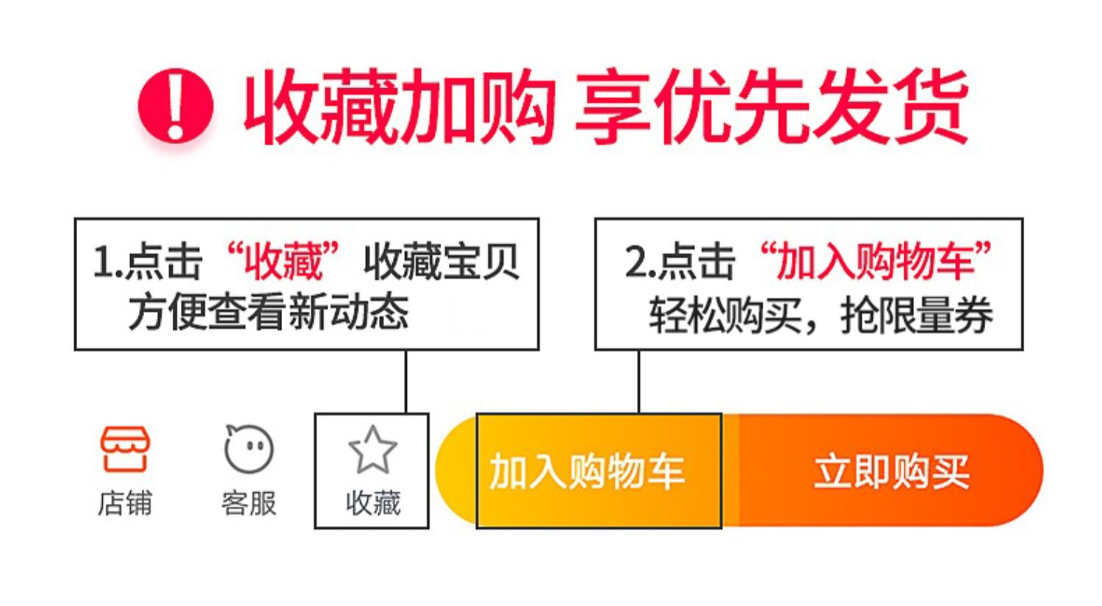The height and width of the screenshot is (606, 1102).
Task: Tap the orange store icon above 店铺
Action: pyautogui.click(x=125, y=449)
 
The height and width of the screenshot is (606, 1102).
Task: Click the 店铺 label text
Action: pyautogui.click(x=125, y=504)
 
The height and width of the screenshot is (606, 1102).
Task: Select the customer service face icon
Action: pyautogui.click(x=248, y=448)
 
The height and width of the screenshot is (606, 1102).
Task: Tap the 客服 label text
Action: pyautogui.click(x=248, y=504)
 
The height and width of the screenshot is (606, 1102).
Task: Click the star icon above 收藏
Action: pyautogui.click(x=372, y=450)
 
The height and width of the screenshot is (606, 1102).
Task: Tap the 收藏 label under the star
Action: pyautogui.click(x=372, y=504)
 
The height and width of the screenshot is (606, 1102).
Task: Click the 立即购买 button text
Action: pyautogui.click(x=891, y=472)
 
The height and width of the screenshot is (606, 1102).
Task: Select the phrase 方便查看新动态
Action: pyautogui.click(x=269, y=312)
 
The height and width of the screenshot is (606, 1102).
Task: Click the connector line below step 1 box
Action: pyautogui.click(x=406, y=381)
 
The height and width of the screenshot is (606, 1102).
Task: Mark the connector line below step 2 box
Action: pyautogui.click(x=638, y=381)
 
